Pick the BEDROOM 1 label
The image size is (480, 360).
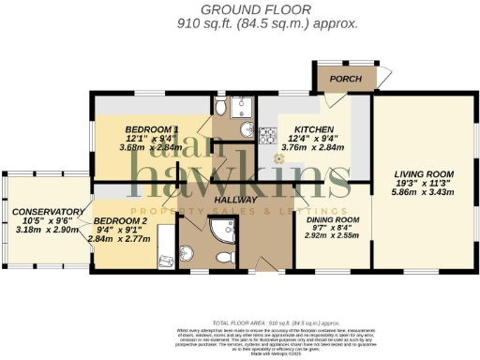[x=152, y=127]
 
